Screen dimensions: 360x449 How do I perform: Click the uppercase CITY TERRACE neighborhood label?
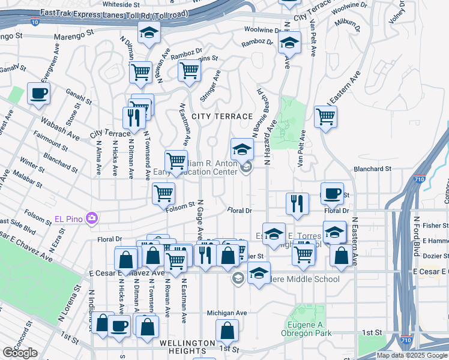[x=222, y=116]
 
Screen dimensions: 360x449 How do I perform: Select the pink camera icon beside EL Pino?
[x=91, y=217]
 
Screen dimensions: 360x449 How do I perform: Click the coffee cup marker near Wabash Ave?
[x=38, y=94]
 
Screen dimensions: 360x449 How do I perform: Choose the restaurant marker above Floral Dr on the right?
[x=297, y=204]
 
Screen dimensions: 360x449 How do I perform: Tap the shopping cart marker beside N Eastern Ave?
[x=325, y=116]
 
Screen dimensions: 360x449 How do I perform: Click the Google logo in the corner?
[x=20, y=353]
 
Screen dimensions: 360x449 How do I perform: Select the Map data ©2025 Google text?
[x=412, y=355]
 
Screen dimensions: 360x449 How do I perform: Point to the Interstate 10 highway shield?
[x=35, y=22]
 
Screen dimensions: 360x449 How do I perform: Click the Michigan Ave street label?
[x=227, y=313]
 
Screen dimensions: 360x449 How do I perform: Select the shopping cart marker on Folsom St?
[x=163, y=193]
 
